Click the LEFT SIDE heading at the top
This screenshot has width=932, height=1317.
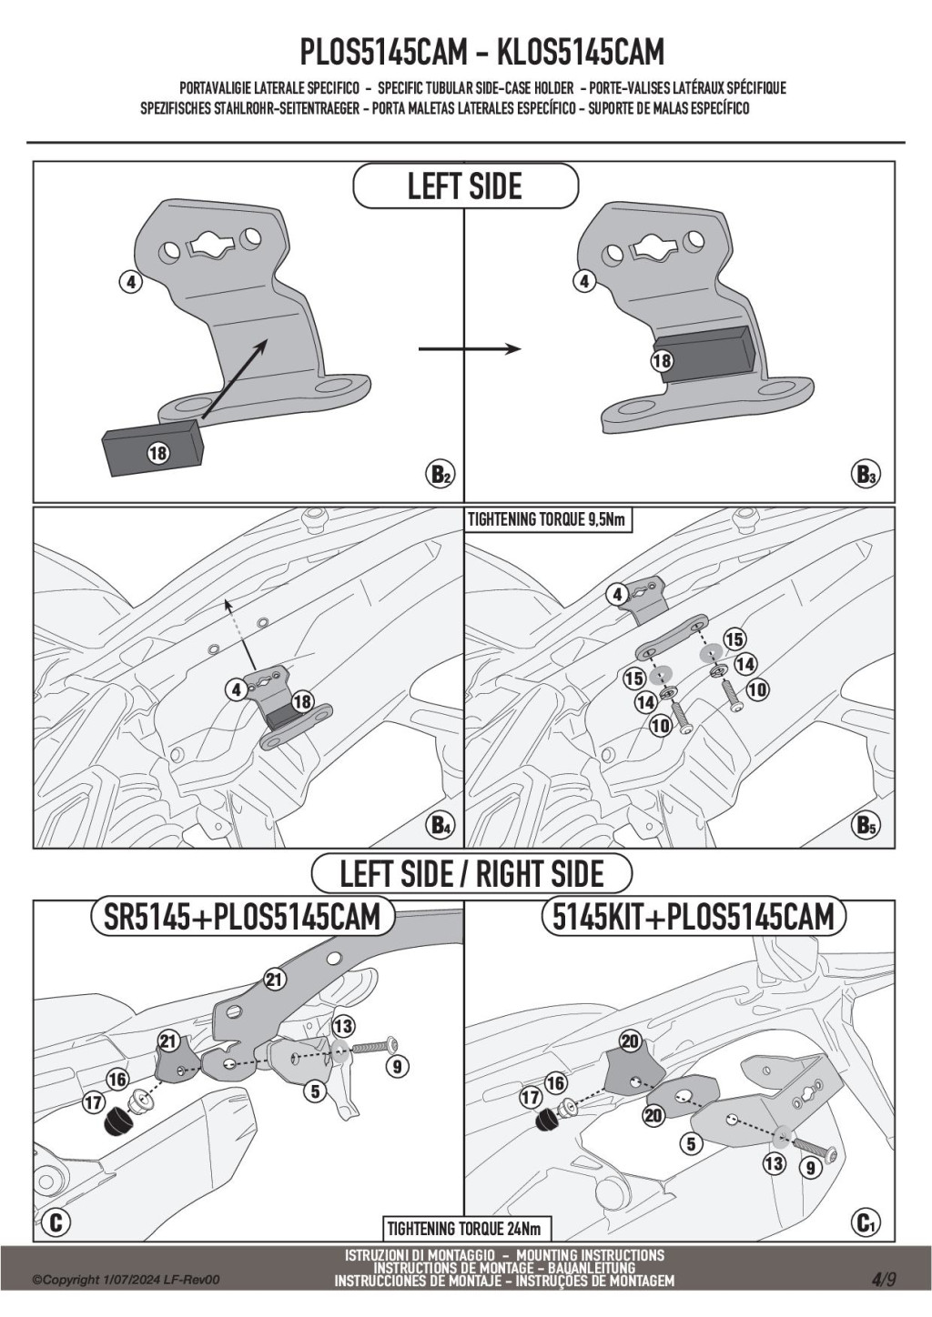[x=465, y=187]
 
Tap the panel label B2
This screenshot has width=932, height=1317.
[x=441, y=475]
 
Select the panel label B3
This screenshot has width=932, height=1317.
[x=866, y=475]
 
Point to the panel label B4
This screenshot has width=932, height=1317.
[x=441, y=826]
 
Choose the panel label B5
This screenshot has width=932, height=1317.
[x=866, y=826]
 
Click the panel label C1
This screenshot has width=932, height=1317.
[x=866, y=1224]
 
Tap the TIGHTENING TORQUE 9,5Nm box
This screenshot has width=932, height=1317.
[x=547, y=520]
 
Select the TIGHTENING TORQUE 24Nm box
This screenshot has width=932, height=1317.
[x=464, y=1230]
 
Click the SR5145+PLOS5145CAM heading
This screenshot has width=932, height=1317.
[x=242, y=917]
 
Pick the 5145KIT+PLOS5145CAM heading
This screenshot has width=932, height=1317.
[x=694, y=917]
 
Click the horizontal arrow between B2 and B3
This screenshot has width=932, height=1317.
[x=469, y=349]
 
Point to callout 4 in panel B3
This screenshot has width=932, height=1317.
[x=584, y=282]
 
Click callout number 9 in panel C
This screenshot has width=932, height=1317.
[x=398, y=1066]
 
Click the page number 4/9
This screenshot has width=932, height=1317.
[x=884, y=1279]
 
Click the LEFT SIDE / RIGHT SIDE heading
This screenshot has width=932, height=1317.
[x=471, y=875]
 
